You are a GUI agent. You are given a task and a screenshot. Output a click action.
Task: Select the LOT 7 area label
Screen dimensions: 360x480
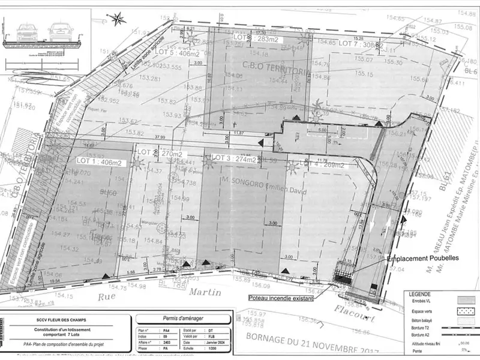point(361,44)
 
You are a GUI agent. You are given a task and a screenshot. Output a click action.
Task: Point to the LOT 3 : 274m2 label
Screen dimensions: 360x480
point(234,159)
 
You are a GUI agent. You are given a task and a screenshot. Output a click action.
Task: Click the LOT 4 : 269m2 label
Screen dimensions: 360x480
point(322,166)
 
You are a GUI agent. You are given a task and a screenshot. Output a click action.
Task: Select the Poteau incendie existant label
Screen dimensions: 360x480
point(280,297)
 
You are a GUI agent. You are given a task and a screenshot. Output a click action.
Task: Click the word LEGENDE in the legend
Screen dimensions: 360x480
point(420,295)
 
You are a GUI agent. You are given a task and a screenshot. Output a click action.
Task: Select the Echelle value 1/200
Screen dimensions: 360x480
point(211,347)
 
